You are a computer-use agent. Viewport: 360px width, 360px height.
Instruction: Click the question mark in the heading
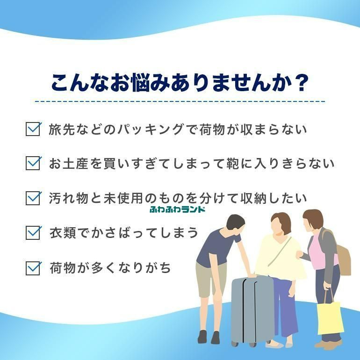300,82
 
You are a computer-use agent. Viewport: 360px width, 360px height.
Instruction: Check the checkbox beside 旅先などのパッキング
33,129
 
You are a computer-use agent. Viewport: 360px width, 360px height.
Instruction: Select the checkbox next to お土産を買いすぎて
33,163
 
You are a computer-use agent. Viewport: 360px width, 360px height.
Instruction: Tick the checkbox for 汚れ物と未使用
33,198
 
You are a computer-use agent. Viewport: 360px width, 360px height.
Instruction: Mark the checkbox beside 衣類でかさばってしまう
33,232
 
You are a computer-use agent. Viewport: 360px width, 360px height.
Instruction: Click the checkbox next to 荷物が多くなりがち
33,268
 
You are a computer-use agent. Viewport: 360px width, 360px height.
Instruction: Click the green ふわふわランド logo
177,209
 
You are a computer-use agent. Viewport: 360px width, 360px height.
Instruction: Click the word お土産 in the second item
68,164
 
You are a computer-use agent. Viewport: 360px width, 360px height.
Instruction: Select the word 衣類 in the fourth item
63,233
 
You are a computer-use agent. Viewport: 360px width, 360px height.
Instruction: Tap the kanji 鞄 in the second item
233,164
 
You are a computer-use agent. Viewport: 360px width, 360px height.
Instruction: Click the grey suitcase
252,310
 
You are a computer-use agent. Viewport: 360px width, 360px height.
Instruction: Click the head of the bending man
236,224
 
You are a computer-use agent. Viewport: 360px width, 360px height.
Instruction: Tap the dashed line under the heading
180,101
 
